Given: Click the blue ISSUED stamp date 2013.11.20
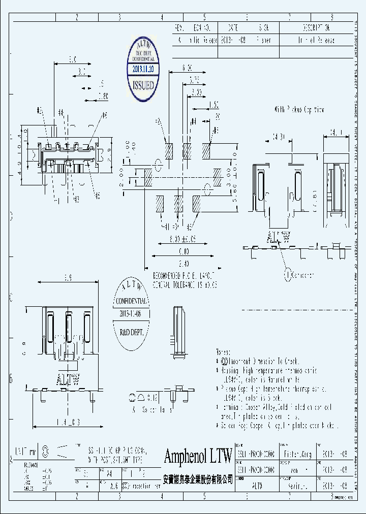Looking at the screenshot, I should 143,68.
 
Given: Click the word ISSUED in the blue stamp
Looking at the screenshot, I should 143,85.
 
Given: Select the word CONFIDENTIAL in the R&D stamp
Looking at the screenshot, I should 131,301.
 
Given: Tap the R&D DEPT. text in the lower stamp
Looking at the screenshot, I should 131,332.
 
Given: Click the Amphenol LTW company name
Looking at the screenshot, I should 198,456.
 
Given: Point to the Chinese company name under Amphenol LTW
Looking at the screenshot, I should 198,478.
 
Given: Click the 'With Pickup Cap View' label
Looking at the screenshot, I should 299,109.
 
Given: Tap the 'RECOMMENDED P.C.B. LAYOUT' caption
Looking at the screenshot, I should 184,274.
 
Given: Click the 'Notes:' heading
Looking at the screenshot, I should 224,351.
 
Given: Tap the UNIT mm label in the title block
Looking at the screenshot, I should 25,450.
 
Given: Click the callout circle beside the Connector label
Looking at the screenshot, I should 288,275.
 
